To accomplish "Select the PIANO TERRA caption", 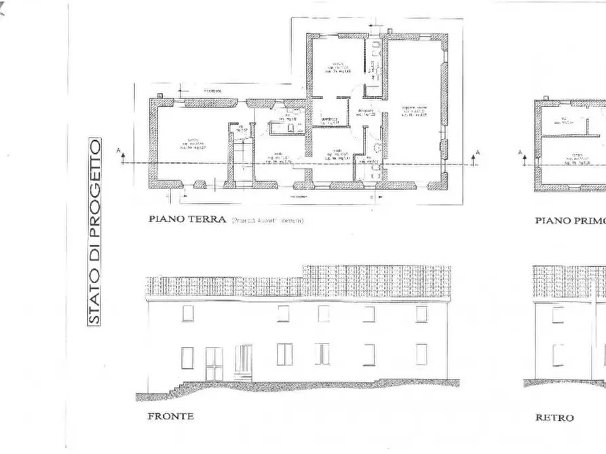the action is pos(186,220).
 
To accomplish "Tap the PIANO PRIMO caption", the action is pos(569,220).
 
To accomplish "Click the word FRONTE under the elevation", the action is pos(170,416).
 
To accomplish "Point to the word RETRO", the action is pos(554,417).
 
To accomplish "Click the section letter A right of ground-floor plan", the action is pos(478,153).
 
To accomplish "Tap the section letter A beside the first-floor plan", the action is pos(520,153).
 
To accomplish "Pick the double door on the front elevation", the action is pos(214,364).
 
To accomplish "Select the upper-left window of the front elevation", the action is pos(187,313).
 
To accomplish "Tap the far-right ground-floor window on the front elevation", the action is pos(421,354).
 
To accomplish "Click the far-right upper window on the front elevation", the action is pos(421,314).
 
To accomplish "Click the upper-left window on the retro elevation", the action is pos(558,314).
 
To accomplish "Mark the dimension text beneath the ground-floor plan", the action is pos(294,197).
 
